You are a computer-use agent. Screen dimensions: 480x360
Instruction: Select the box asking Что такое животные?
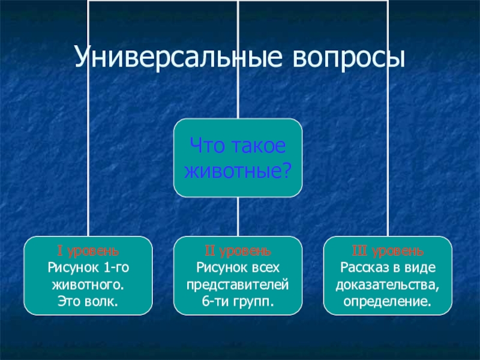pyautogui.click(x=238, y=158)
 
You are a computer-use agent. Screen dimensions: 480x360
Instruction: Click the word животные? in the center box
pyautogui.click(x=238, y=171)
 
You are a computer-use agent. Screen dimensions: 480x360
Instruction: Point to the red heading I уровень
pyautogui.click(x=88, y=250)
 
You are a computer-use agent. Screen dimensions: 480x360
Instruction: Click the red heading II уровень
pyautogui.click(x=238, y=250)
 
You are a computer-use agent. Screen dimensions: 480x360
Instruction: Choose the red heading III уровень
pyautogui.click(x=388, y=250)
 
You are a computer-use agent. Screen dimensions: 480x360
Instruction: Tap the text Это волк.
pyautogui.click(x=88, y=296)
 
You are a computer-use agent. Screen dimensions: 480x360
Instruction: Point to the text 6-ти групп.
pyautogui.click(x=238, y=296)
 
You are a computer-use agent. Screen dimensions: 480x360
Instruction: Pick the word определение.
pyautogui.click(x=388, y=296)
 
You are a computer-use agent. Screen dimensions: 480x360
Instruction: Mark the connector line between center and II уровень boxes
pyautogui.click(x=238, y=217)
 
